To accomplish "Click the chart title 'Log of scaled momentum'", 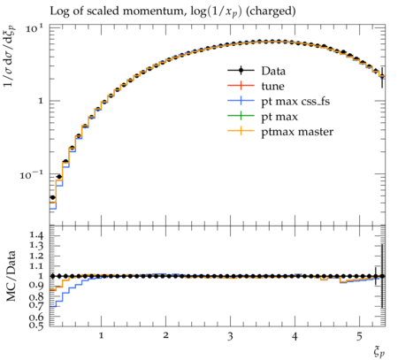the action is pyautogui.click(x=118, y=11).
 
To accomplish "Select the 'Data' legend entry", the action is pyautogui.click(x=273, y=71).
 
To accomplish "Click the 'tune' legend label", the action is pyautogui.click(x=272, y=86).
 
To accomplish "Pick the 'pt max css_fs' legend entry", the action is pyautogui.click(x=295, y=102).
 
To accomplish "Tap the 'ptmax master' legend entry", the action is pyautogui.click(x=297, y=132).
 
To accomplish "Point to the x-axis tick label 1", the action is pyautogui.click(x=101, y=335).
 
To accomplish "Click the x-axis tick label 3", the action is pyautogui.click(x=230, y=336).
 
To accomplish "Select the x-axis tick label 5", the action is pyautogui.click(x=359, y=336).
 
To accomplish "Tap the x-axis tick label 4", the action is pyautogui.click(x=295, y=336).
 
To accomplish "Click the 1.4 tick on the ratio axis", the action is pyautogui.click(x=36, y=235).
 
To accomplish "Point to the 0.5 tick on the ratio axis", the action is pyautogui.click(x=36, y=326).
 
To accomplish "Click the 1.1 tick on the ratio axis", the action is pyautogui.click(x=36, y=266).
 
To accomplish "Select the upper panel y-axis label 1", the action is pyautogui.click(x=41, y=101).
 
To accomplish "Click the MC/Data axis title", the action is pyautogui.click(x=11, y=276).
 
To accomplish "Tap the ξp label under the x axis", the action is pyautogui.click(x=379, y=352).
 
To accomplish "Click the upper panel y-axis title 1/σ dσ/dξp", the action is pyautogui.click(x=11, y=57).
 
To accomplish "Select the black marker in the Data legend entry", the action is pyautogui.click(x=241, y=71).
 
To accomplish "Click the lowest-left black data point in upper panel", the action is pyautogui.click(x=53, y=197).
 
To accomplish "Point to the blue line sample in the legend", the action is pyautogui.click(x=241, y=101).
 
